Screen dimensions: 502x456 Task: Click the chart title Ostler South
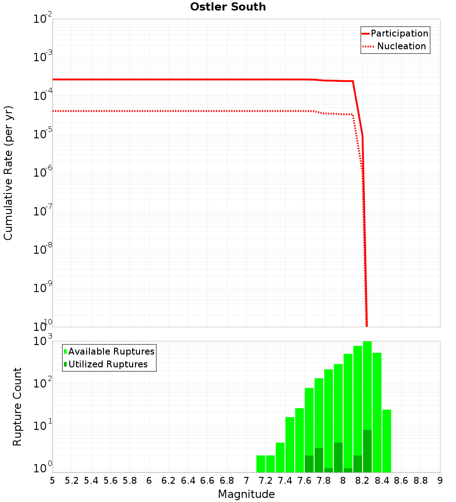click(x=228, y=7)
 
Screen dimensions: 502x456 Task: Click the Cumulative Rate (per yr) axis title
click(x=8, y=173)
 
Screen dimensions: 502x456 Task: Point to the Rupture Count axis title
click(x=17, y=407)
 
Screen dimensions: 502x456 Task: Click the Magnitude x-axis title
click(x=246, y=494)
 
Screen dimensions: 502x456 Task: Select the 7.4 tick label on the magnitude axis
click(x=285, y=481)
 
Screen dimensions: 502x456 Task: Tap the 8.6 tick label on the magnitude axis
click(x=401, y=481)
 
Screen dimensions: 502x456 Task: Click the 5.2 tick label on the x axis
click(x=72, y=481)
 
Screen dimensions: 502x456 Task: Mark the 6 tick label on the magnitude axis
click(x=149, y=481)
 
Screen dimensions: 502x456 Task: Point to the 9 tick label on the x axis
click(x=440, y=481)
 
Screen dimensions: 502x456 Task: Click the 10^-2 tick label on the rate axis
click(x=43, y=19)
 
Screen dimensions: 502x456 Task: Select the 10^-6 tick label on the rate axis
click(x=43, y=173)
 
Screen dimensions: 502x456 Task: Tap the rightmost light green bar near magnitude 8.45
click(x=387, y=441)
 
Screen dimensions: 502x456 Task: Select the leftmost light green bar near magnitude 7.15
click(x=261, y=464)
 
